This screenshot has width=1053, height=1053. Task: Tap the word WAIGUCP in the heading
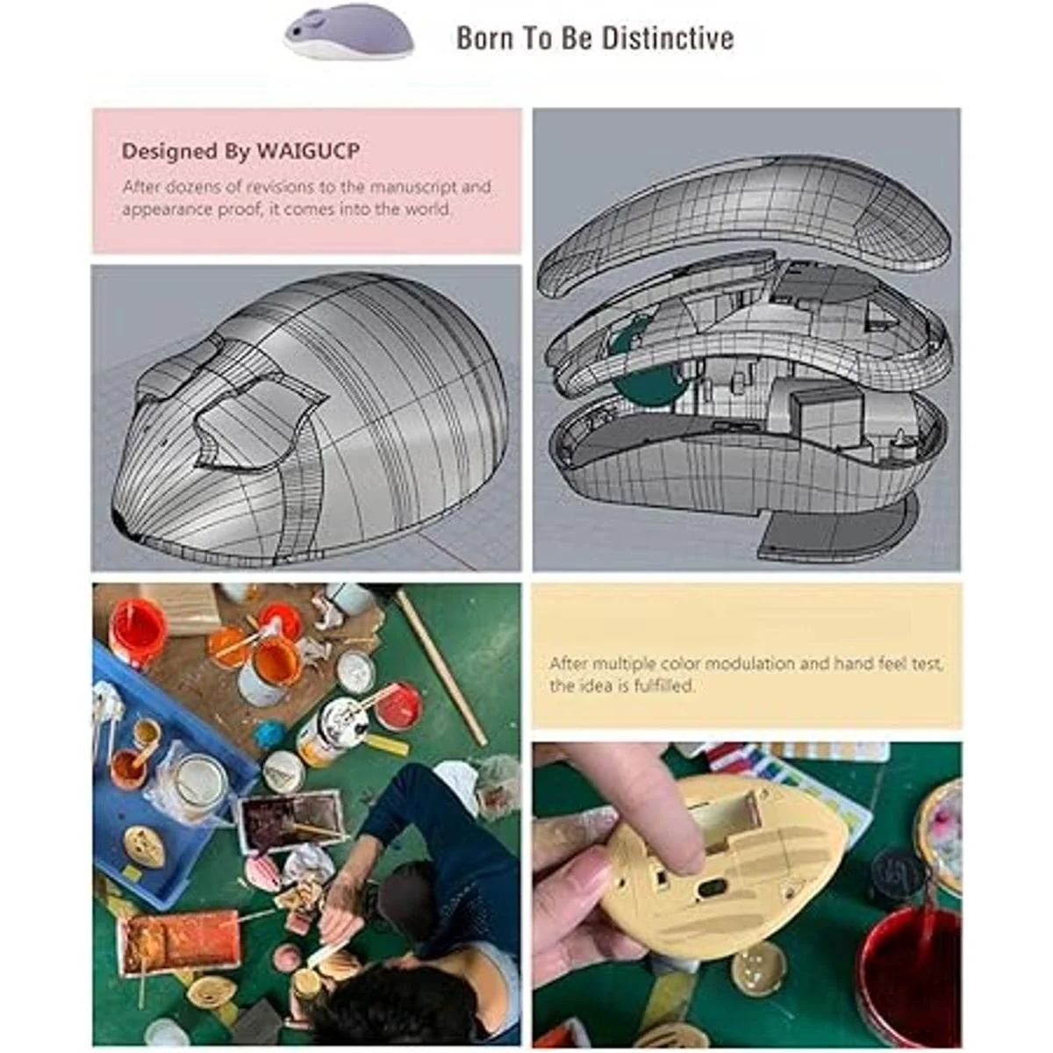[x=308, y=151]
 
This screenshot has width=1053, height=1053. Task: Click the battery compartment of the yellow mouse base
[x=723, y=816]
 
